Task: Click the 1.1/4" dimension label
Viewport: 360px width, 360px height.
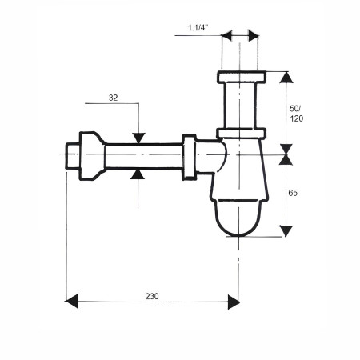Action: coord(198,27)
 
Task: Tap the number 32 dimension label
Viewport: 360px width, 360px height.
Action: coord(113,98)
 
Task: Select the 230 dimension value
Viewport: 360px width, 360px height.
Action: coord(152,296)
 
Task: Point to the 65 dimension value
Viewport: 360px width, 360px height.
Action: coord(293,193)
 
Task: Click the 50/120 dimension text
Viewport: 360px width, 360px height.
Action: coord(297,114)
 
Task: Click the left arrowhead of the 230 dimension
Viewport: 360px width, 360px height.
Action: coord(71,302)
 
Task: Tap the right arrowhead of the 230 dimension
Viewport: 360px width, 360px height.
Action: coord(234,302)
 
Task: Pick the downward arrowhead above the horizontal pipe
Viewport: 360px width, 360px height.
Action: coord(139,138)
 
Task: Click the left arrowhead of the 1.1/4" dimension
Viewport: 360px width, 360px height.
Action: coord(226,35)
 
